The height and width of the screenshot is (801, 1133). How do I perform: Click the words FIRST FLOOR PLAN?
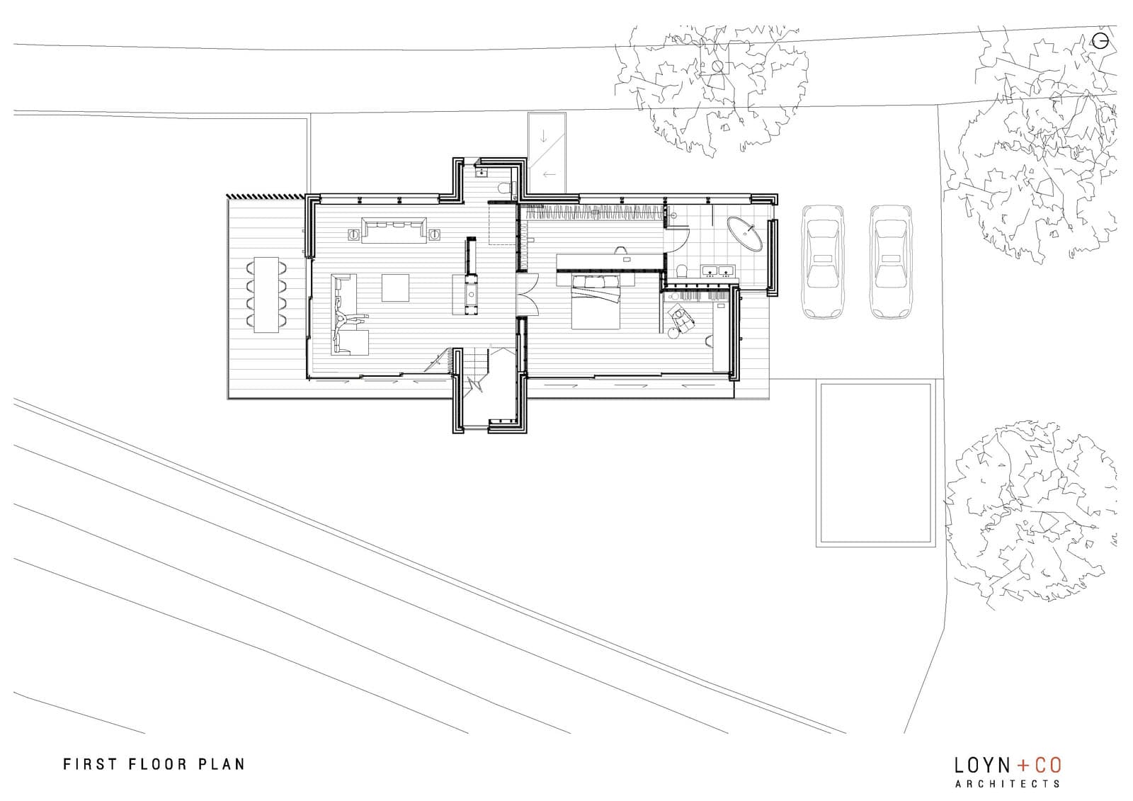[x=154, y=764]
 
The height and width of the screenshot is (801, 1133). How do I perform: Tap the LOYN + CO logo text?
[x=1008, y=766]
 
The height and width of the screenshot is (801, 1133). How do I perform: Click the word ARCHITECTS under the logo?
[x=1008, y=783]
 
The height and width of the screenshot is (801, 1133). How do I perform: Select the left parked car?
[x=821, y=262]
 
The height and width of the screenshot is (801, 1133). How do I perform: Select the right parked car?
[x=889, y=262]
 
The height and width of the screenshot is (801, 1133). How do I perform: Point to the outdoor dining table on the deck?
[x=266, y=294]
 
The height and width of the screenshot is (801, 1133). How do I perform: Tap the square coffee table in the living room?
[x=396, y=287]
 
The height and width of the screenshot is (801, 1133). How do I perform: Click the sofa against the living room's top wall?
[x=394, y=229]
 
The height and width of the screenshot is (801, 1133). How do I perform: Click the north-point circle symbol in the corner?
[x=1100, y=41]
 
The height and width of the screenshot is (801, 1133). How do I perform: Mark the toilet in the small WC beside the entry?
[x=503, y=188]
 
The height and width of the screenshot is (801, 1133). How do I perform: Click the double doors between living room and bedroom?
[x=524, y=293]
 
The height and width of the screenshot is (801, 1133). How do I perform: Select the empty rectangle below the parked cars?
[x=875, y=464]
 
